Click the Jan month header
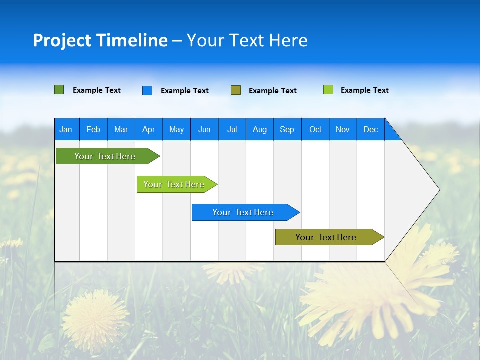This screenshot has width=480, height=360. coord(66,129)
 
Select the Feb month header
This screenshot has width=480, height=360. coord(93,129)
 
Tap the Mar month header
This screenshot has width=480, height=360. coord(121,129)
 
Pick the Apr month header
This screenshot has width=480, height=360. coord(148,129)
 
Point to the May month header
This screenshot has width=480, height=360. coord(176,129)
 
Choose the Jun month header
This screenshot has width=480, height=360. coord(204,129)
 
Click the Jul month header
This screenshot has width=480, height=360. coord(232,129)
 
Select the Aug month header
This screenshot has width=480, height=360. coord(260,129)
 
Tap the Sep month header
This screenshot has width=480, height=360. coord(287,129)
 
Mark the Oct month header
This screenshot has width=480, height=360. coord(315,129)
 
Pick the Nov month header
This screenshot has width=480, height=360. coord(343,129)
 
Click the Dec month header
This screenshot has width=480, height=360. coord(371,129)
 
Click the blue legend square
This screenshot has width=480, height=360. coord(147,90)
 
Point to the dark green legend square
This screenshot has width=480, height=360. coord(59,90)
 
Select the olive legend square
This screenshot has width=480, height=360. coord(236,90)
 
